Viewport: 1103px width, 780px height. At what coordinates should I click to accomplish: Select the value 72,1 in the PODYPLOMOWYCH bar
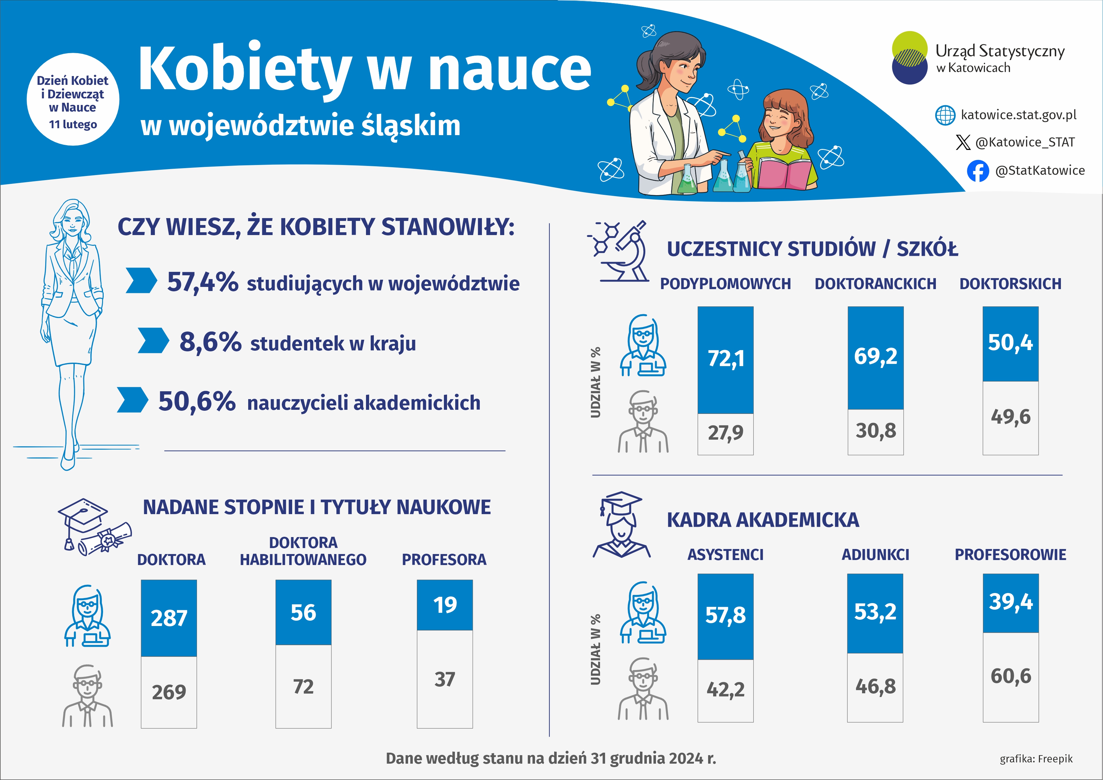tap(725, 359)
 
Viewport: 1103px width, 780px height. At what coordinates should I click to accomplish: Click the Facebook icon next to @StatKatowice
tap(978, 171)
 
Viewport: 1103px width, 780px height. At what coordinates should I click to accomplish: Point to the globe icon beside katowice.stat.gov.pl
tap(945, 115)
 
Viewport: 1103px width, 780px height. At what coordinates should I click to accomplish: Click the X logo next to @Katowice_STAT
tap(963, 142)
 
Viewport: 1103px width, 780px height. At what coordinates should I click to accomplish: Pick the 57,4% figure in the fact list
tap(202, 282)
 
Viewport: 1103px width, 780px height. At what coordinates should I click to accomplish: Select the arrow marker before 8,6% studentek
tap(153, 341)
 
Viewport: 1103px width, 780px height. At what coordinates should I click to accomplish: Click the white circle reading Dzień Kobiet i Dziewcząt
tap(73, 100)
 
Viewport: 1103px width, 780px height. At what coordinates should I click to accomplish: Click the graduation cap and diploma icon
tap(94, 527)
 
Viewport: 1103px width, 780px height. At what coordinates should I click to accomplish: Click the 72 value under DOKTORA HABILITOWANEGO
tap(303, 687)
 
